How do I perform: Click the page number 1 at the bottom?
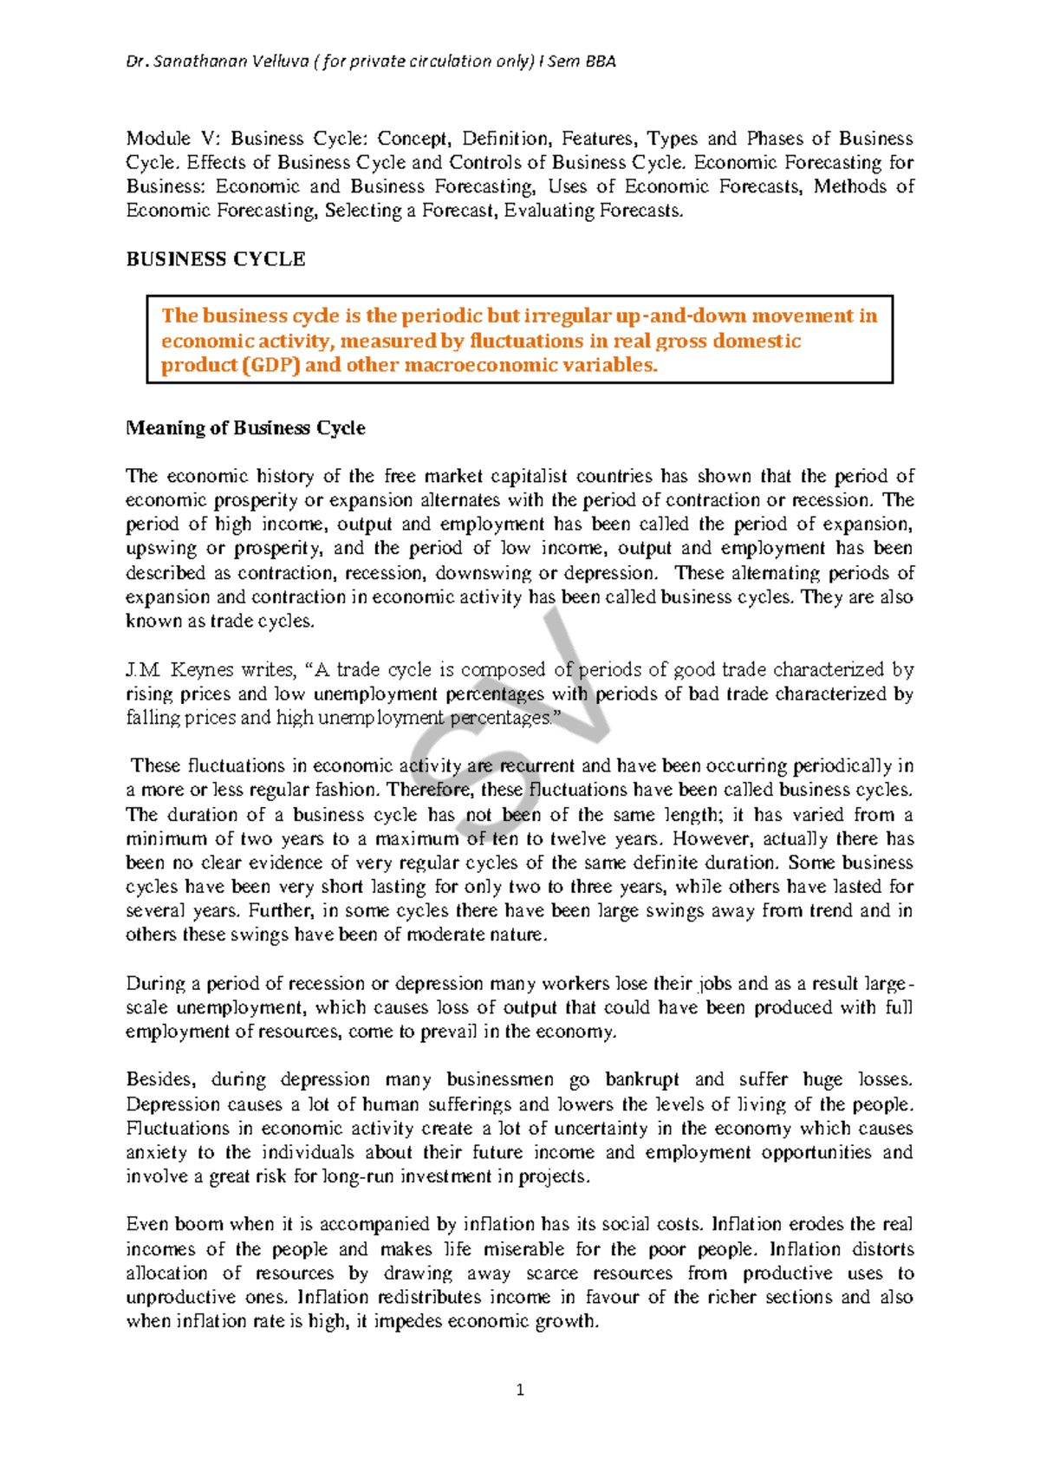pyautogui.click(x=520, y=1391)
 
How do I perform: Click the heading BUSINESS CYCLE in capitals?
pyautogui.click(x=216, y=259)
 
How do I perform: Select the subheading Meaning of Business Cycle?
pyautogui.click(x=245, y=428)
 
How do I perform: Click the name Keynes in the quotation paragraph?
pyautogui.click(x=202, y=669)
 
